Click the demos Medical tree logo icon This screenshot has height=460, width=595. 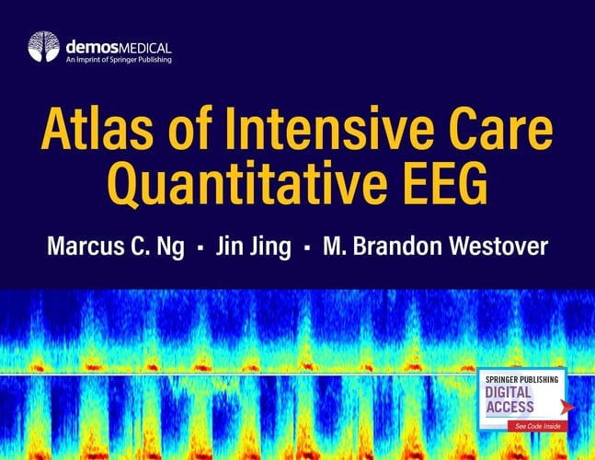(x=43, y=46)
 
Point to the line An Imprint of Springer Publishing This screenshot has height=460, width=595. (x=119, y=59)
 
